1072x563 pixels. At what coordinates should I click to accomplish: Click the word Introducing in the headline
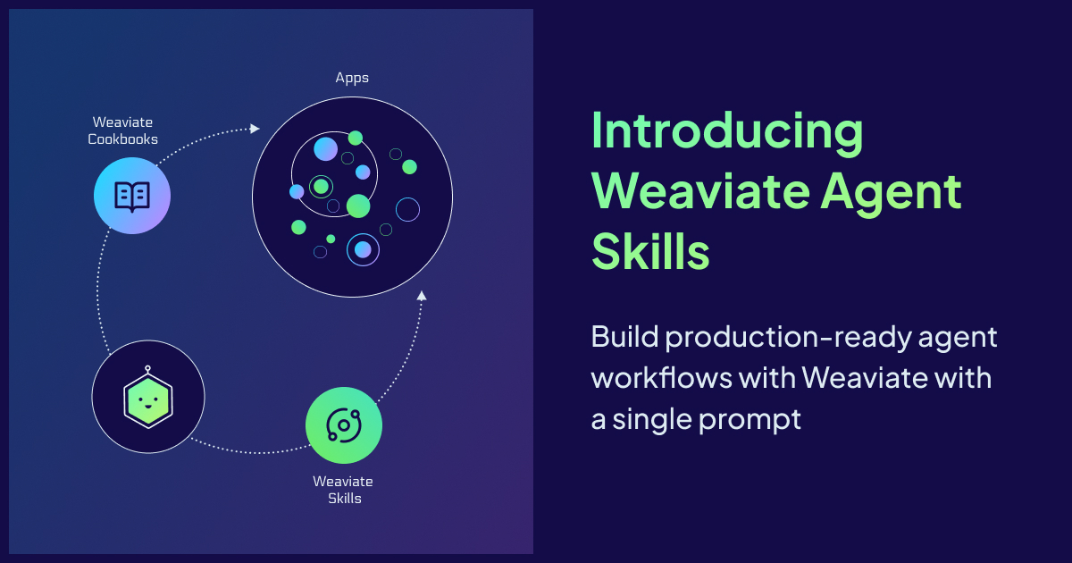pyautogui.click(x=727, y=132)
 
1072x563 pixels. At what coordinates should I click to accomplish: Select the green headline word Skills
pyautogui.click(x=650, y=251)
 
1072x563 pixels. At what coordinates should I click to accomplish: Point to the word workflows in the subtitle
pyautogui.click(x=662, y=378)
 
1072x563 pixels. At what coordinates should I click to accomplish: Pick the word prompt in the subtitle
pyautogui.click(x=750, y=421)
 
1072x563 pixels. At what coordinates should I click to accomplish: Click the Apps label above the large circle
pyautogui.click(x=352, y=78)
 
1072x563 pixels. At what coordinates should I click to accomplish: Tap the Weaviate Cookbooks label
pyautogui.click(x=122, y=130)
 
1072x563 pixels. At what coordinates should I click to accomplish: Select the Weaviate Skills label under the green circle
pyautogui.click(x=343, y=490)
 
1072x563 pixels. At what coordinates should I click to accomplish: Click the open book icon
pyautogui.click(x=132, y=197)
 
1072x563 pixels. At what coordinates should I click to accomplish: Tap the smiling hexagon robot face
pyautogui.click(x=148, y=399)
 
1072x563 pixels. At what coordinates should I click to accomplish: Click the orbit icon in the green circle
pyautogui.click(x=344, y=425)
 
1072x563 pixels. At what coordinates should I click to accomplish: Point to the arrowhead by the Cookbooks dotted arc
pyautogui.click(x=255, y=129)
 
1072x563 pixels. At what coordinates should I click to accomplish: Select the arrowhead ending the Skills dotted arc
pyautogui.click(x=421, y=296)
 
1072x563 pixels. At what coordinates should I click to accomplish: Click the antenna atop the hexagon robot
pyautogui.click(x=148, y=370)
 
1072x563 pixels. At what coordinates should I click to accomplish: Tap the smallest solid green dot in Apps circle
pyautogui.click(x=331, y=239)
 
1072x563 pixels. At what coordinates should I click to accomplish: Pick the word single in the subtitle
pyautogui.click(x=653, y=421)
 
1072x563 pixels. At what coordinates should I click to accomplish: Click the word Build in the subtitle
pyautogui.click(x=625, y=337)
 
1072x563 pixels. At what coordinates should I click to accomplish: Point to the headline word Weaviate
pyautogui.click(x=701, y=192)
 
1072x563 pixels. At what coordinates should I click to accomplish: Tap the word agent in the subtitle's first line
pyautogui.click(x=958, y=339)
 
